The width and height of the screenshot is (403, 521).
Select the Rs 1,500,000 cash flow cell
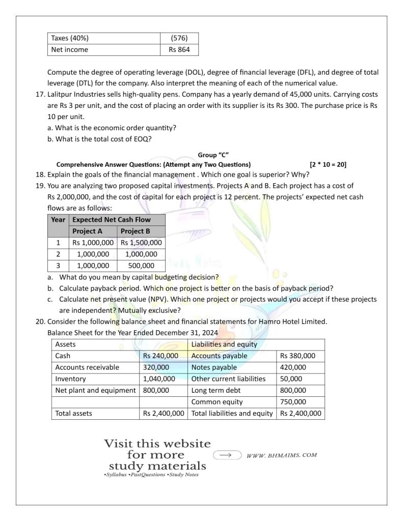point(141,243)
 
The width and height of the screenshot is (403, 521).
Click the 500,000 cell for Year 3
point(141,265)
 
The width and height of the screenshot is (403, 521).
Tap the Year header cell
point(58,220)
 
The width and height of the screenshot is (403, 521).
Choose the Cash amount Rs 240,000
point(160,356)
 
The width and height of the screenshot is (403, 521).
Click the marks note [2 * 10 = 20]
point(328,164)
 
